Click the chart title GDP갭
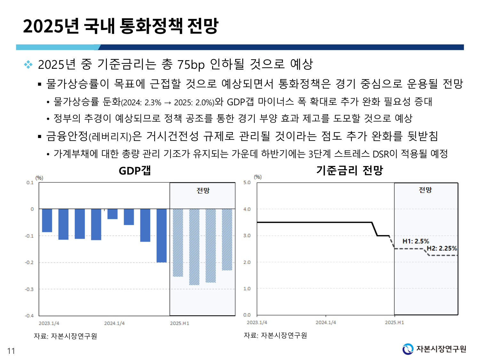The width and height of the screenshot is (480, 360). [135, 171]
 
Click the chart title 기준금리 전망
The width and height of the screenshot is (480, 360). [349, 170]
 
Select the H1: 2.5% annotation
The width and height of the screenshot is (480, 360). [415, 241]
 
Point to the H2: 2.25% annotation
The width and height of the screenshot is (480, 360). [442, 248]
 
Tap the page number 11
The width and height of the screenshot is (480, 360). [11, 351]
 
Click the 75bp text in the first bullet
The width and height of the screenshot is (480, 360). [191, 65]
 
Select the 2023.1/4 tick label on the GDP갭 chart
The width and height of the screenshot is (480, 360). [49, 323]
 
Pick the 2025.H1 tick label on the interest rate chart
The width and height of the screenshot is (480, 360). [394, 322]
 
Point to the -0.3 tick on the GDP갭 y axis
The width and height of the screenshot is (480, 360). [29, 289]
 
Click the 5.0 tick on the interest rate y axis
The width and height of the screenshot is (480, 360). [247, 182]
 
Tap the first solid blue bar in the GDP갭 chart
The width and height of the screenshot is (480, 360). [47, 220]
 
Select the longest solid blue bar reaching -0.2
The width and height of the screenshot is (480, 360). [162, 236]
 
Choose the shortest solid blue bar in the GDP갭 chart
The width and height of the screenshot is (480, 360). [112, 214]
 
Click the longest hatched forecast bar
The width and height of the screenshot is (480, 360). [194, 247]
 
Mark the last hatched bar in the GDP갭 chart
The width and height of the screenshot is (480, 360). [227, 240]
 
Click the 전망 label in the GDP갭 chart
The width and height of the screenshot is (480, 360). [203, 191]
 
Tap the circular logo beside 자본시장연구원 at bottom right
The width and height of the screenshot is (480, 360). [408, 349]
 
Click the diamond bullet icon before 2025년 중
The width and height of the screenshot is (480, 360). [28, 65]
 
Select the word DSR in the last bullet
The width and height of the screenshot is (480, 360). [381, 154]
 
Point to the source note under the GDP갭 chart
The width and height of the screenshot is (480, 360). [65, 336]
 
